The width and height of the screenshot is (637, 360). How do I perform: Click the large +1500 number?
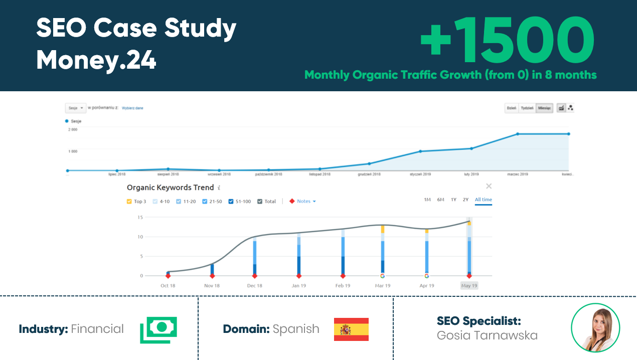pos(507,40)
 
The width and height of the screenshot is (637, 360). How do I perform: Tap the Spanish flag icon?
pos(351,329)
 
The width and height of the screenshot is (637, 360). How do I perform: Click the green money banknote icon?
pos(158,329)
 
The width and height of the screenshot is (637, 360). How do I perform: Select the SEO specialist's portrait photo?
pos(595,328)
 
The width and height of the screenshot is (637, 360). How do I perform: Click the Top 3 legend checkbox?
pos(129,202)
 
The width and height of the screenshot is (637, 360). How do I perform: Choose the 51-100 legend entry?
pos(240,202)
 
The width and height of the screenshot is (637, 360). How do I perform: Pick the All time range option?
pos(483,200)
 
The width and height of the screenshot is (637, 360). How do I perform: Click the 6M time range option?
pos(440,200)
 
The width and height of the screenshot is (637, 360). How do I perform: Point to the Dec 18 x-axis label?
pos(254,286)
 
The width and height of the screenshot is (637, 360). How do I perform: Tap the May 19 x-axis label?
pos(469,286)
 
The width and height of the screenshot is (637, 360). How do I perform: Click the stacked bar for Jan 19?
pos(299,253)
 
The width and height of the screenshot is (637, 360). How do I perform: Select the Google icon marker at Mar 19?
pos(383,276)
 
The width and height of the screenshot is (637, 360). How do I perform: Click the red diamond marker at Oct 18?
pos(168,276)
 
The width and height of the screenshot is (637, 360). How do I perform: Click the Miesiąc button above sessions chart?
pos(544,108)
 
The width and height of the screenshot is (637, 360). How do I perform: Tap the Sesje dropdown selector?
pos(75,108)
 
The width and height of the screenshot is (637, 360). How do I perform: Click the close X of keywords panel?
pos(489,187)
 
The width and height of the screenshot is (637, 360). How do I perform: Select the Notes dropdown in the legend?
pos(303,202)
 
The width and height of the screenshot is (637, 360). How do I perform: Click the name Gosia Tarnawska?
pos(487,335)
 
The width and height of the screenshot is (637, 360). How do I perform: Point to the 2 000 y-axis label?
pos(73,129)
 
